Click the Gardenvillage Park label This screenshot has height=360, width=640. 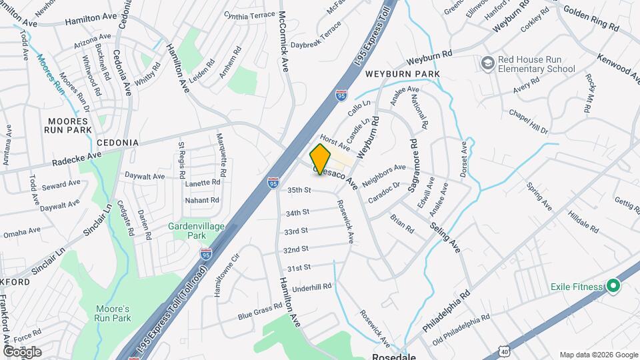(196, 231)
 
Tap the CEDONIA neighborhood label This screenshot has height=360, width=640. (117, 143)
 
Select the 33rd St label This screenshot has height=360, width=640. (295, 231)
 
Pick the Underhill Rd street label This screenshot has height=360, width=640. (307, 287)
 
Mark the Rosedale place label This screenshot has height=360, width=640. (393, 356)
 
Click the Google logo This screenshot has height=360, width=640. (22, 351)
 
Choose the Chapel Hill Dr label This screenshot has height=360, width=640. (527, 121)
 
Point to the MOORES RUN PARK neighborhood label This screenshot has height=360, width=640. (67, 125)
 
